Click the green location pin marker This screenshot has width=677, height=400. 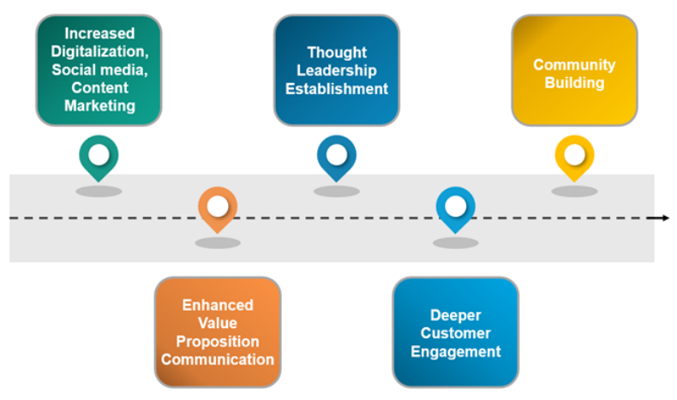click(x=99, y=157)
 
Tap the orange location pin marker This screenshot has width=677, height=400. click(x=218, y=207)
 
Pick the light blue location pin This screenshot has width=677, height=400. click(x=455, y=207)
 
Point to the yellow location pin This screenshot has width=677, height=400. click(x=574, y=156)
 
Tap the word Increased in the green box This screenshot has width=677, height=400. click(x=99, y=33)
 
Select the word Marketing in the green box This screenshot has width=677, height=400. click(x=99, y=106)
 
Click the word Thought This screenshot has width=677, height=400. click(x=337, y=52)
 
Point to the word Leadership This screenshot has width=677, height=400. click(x=337, y=70)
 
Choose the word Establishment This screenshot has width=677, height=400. click(x=337, y=88)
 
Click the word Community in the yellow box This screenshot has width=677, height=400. click(x=574, y=65)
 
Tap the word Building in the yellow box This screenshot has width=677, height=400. click(x=574, y=83)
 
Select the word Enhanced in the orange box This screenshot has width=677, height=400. click(x=218, y=305)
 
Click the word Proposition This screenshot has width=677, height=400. click(x=218, y=341)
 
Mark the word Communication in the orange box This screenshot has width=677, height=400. click(x=218, y=359)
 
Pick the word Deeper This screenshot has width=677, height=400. click(x=456, y=315)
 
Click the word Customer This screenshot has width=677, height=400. click(x=456, y=333)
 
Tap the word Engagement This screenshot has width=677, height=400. click(x=456, y=351)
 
